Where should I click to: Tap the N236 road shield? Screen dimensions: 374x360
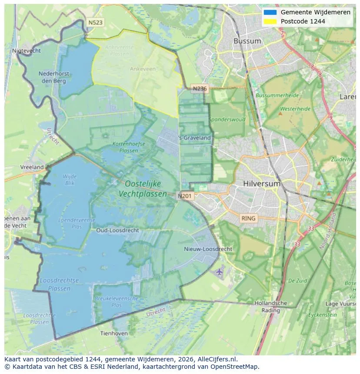[x=200, y=89]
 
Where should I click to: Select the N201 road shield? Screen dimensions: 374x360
[x=185, y=196]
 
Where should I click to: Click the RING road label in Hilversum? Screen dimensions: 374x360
[x=249, y=218]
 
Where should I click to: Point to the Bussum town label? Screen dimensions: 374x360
[x=247, y=41]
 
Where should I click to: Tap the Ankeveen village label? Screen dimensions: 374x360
[x=143, y=69]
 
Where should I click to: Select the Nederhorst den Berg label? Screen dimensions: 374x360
[x=52, y=77]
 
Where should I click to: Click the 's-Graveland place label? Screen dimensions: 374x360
[x=195, y=138]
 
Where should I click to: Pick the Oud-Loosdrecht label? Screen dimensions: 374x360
[x=118, y=230]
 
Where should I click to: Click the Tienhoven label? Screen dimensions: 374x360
[x=114, y=333]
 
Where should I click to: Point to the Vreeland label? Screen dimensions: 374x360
[x=32, y=167]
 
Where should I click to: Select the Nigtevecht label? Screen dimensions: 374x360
[x=27, y=50]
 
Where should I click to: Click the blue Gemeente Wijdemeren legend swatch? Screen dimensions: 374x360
[x=270, y=12]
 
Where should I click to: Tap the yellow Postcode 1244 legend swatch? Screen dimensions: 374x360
[x=270, y=21]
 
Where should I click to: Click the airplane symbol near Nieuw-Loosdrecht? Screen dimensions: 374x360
[x=219, y=271]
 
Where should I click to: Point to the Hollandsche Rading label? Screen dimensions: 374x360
[x=271, y=306]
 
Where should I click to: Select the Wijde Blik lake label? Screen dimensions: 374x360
[x=70, y=179]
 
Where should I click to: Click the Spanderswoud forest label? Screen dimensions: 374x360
[x=227, y=119]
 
